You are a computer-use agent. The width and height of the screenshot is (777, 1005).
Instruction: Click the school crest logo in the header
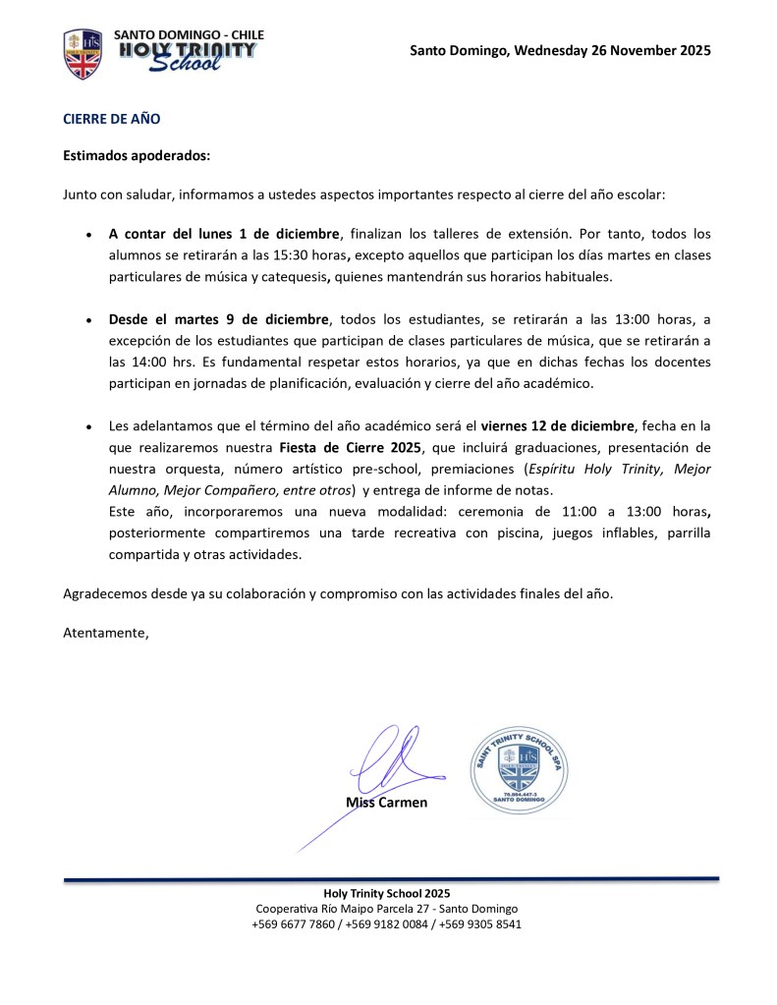(83, 54)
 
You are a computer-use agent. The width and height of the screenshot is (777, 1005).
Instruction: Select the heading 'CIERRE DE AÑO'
(111, 119)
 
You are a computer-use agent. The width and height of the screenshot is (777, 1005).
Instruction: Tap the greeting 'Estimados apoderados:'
(137, 155)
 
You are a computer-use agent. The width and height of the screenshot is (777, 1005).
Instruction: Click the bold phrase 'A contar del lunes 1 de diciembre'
(224, 234)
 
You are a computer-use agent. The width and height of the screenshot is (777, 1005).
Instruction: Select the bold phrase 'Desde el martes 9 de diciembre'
(219, 319)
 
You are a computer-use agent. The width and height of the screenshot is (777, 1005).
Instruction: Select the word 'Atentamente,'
(106, 632)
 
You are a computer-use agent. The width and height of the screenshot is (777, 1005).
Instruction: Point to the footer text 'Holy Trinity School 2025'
(387, 894)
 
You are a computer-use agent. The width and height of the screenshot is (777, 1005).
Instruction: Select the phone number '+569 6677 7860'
(294, 923)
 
